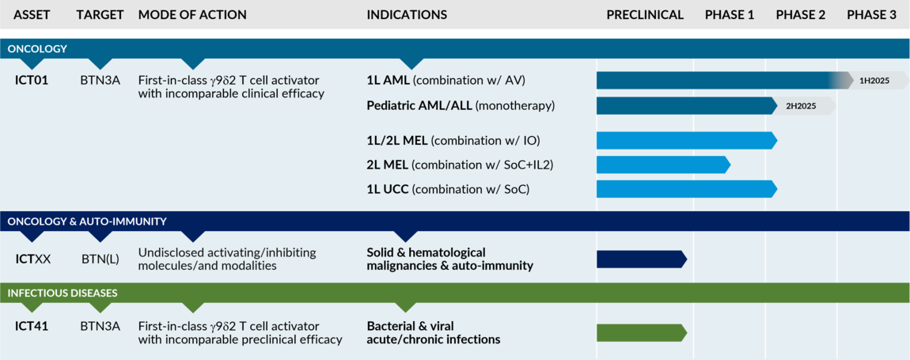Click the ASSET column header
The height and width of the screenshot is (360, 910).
32,15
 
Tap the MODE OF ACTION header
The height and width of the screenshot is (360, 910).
192,15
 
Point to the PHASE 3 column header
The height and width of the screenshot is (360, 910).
871,15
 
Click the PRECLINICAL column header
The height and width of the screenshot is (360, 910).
645,15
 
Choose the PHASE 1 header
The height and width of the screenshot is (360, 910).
730,15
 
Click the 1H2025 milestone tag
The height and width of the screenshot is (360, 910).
875,81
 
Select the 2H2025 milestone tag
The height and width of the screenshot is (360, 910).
802,106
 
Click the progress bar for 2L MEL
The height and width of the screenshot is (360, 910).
662,165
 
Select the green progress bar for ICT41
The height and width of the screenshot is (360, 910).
642,332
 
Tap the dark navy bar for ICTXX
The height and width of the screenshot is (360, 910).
642,260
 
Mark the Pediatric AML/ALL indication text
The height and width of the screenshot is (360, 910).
461,106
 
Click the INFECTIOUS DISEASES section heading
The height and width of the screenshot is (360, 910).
63,293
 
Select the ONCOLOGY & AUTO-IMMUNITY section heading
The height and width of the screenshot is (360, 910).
87,222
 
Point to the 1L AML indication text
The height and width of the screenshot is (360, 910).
446,81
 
